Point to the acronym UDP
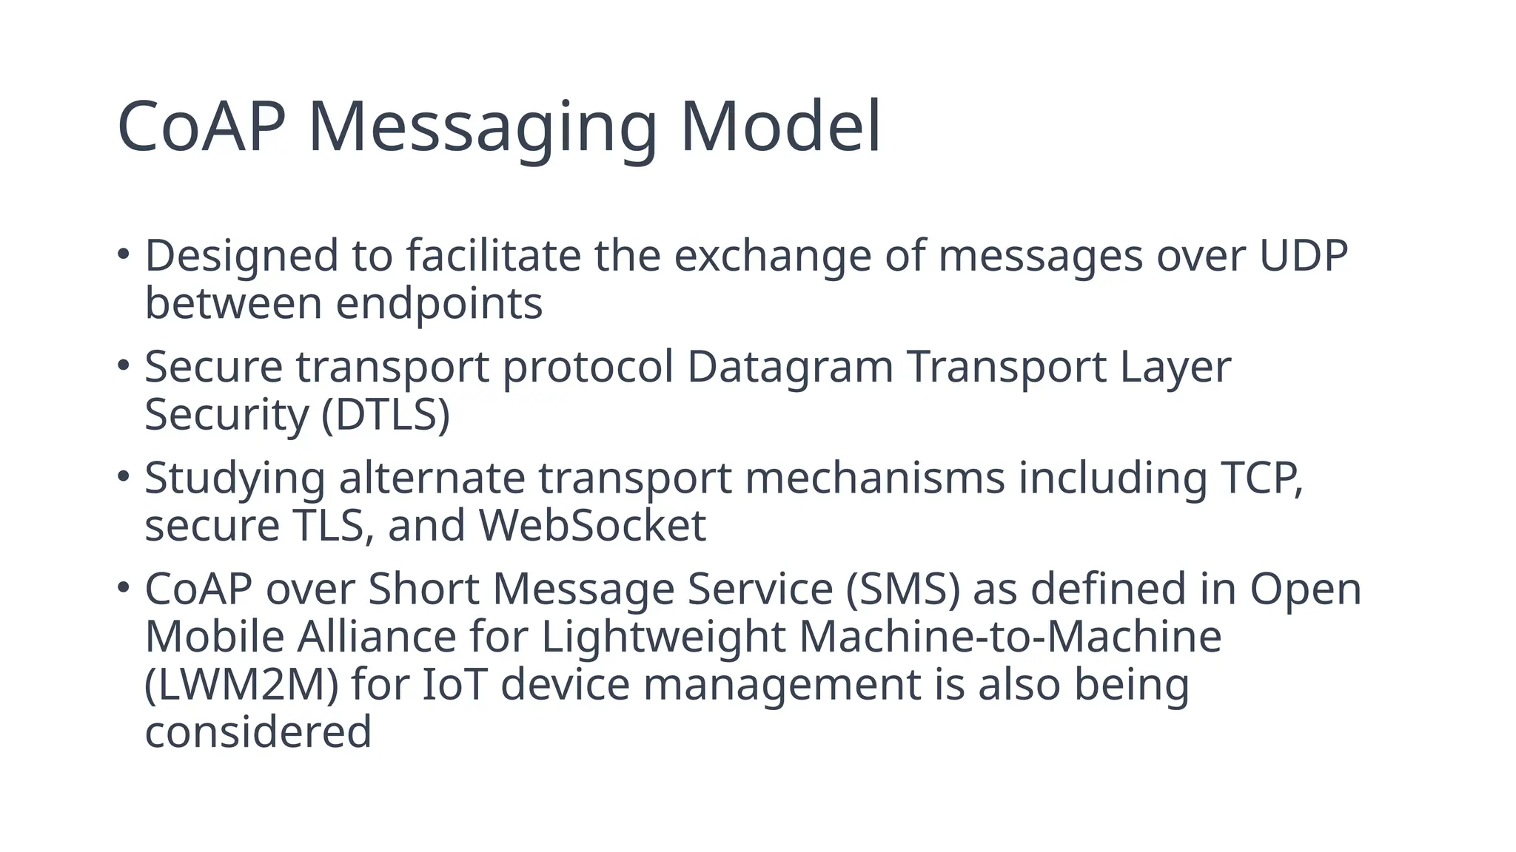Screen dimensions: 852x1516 [x=1304, y=256]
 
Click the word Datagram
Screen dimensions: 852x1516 [x=790, y=367]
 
